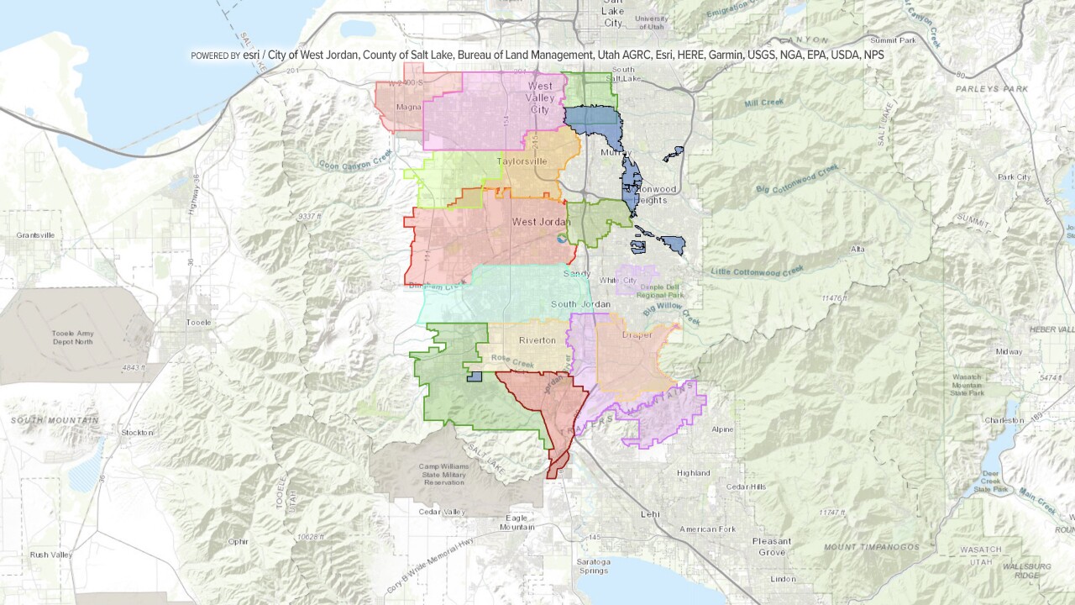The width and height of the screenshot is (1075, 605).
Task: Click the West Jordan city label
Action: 541,222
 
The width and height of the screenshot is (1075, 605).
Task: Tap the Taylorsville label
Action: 522,160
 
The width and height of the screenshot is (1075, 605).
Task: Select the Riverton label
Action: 537,340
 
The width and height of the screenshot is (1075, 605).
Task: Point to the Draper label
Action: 637,334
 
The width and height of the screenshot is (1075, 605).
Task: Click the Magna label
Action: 407,107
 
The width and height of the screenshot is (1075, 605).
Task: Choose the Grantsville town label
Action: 36,235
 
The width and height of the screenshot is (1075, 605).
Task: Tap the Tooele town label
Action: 198,322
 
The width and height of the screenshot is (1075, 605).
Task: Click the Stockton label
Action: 137,432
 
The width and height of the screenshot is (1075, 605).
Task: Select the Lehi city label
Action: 650,513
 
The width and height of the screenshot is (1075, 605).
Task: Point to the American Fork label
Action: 707,529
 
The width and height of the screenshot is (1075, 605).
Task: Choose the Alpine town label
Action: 721,429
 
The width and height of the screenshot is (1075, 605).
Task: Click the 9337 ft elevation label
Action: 310,217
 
